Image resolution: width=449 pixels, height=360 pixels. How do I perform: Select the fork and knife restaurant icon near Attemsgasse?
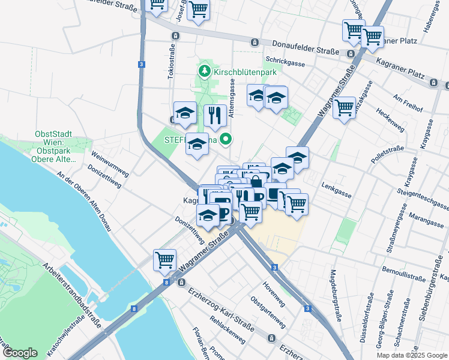coord(215,115)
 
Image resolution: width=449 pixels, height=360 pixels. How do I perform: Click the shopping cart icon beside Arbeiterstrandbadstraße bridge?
coord(164,260)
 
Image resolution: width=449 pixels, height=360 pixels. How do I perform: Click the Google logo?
coord(19,353)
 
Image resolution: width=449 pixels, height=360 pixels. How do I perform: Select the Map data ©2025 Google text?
coord(412,355)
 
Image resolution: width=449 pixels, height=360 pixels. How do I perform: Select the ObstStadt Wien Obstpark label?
coord(57,146)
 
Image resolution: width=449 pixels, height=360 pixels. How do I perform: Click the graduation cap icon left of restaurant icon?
coord(185,112)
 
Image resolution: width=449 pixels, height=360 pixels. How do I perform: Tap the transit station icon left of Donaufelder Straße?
coord(255,42)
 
